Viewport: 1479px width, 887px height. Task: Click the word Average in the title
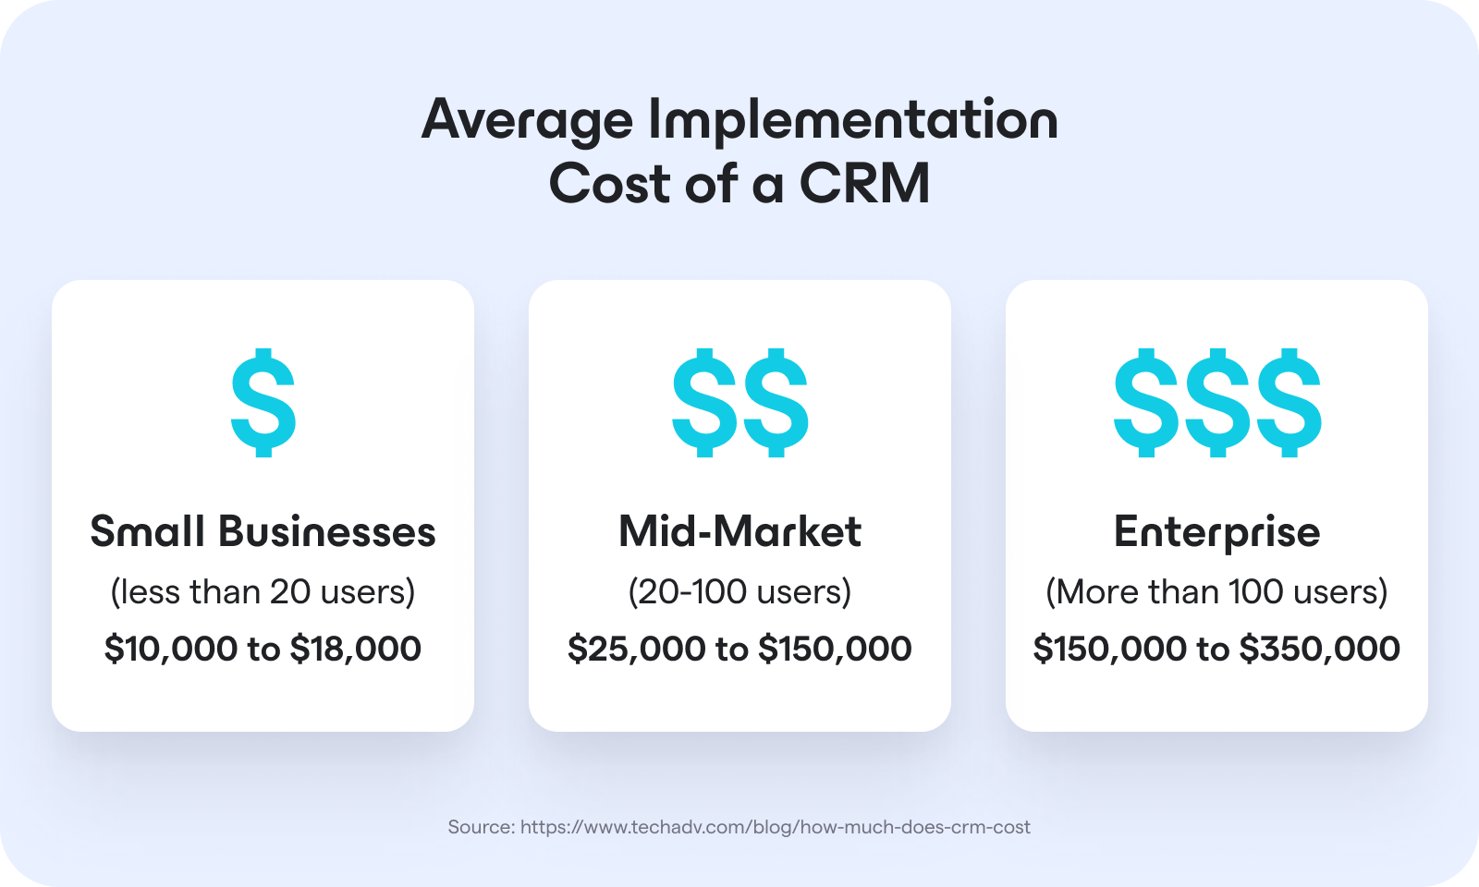[x=527, y=121]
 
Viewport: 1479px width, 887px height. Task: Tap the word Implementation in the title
[x=852, y=121]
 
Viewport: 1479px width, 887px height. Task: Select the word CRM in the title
[x=864, y=184]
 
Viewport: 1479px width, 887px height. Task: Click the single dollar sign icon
[x=263, y=403]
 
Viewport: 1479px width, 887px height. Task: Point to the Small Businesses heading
[x=263, y=532]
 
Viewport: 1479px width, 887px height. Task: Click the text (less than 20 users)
[x=263, y=591]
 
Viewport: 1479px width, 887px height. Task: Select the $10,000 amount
[x=171, y=649]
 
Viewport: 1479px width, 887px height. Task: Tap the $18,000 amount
[x=356, y=649]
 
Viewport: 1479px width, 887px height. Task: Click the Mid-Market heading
[x=739, y=532]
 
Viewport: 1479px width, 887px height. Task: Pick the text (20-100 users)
[x=739, y=591]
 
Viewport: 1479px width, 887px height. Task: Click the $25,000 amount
[x=636, y=649]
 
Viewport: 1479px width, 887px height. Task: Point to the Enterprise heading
[x=1216, y=532]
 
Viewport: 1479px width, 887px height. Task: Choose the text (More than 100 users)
[x=1216, y=591]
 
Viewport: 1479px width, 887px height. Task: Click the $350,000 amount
[x=1319, y=649]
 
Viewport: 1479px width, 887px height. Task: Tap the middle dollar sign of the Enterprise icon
[x=1217, y=403]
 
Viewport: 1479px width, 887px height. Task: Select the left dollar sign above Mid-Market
[x=705, y=403]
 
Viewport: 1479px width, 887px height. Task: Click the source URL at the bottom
[x=775, y=827]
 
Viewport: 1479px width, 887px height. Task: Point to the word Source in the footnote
[x=481, y=827]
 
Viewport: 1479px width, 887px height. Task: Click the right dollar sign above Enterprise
[x=1288, y=403]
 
